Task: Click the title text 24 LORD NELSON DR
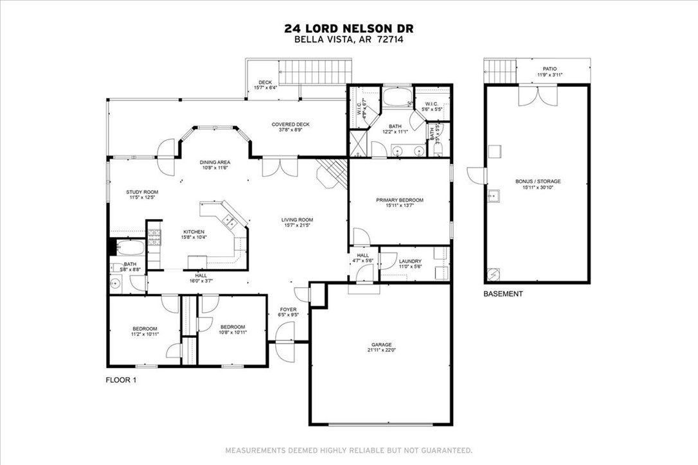point(349,28)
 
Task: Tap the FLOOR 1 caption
point(121,380)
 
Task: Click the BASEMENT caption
point(503,294)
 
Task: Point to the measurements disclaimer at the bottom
point(348,450)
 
